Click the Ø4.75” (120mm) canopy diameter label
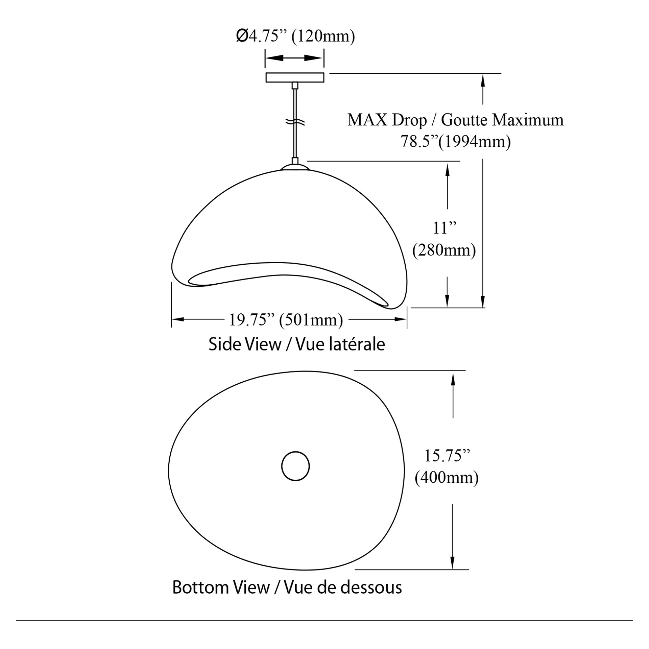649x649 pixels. point(295,36)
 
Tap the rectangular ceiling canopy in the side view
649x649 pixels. point(295,77)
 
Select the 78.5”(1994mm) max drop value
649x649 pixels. point(456,141)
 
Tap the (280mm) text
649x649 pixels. point(444,250)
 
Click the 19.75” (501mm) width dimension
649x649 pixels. point(286,319)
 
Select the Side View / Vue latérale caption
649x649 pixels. point(297,344)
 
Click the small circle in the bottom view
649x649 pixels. point(295,466)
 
